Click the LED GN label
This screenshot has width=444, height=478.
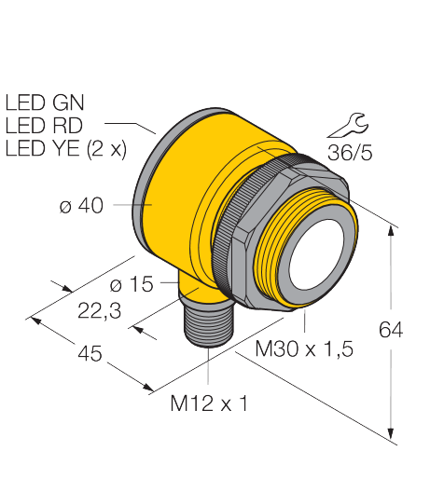coord(45,102)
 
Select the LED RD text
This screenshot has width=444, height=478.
coord(44,125)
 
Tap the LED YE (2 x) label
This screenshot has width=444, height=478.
coord(66,149)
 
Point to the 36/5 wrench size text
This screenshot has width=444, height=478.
coord(350,153)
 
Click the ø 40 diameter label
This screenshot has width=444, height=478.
coord(81,205)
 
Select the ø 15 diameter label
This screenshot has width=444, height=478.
coord(132,284)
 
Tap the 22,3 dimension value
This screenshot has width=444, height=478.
coord(99,311)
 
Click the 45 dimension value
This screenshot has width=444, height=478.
coord(90,353)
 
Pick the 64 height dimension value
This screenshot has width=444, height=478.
coord(391,330)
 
